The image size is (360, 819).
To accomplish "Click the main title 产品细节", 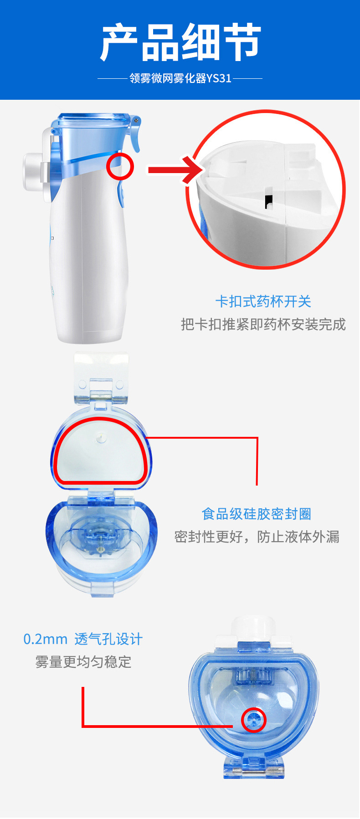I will point(180,43).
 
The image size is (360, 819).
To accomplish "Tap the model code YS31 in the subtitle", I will point(219,78).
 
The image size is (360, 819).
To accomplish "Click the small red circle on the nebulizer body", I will point(120,166).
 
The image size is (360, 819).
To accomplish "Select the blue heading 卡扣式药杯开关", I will point(263,302).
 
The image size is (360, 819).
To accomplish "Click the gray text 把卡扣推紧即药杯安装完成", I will point(263,324).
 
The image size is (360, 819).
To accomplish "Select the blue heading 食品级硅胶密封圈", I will point(257,514).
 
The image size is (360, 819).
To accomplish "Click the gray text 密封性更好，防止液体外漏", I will point(257,537).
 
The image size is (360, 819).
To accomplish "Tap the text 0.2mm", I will point(45,639).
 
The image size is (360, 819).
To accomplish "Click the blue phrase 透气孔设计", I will point(108,639).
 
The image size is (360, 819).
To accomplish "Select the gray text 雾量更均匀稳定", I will point(83,662).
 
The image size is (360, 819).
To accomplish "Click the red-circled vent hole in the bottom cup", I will point(253,720).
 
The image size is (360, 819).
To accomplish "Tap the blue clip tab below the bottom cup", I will point(254,768).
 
